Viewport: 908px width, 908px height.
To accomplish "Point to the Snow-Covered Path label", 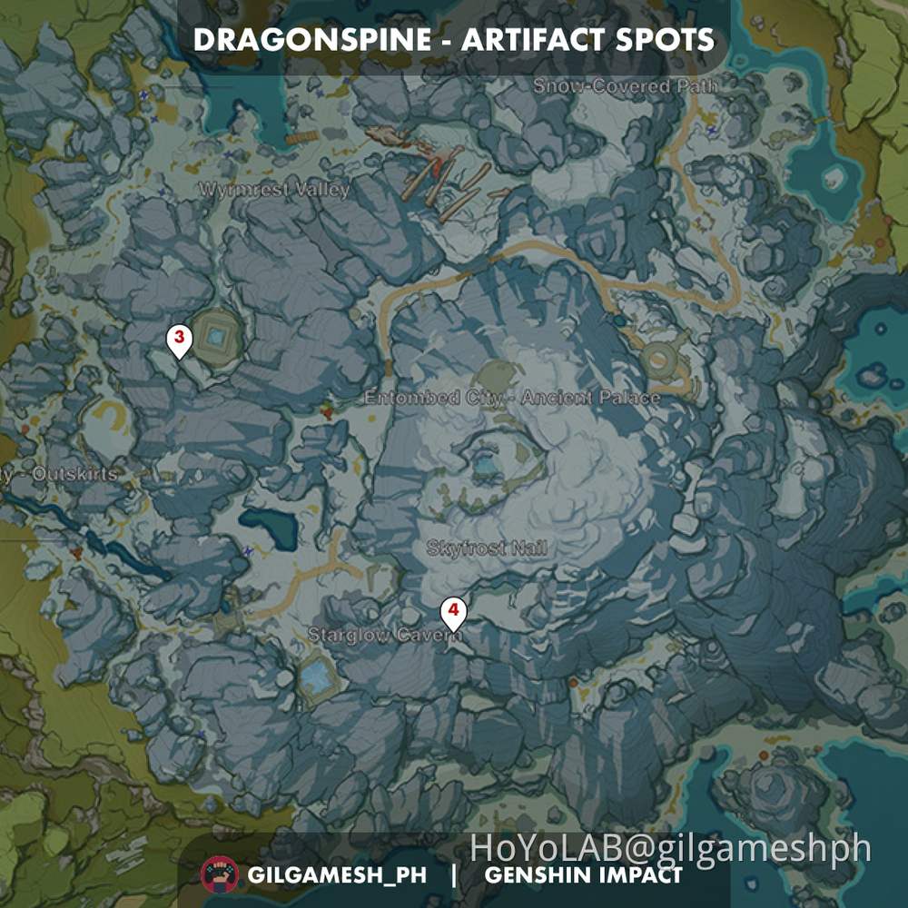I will tap(625, 86).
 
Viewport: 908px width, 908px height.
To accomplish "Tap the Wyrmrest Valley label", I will tap(273, 190).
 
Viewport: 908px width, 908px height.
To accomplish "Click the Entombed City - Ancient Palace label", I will tap(512, 398).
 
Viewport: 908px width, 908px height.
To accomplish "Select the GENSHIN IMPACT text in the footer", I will tap(583, 876).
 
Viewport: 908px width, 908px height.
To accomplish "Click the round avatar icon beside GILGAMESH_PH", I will tap(220, 875).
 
